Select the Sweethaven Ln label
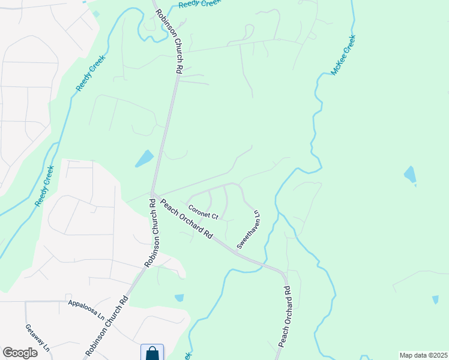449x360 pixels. tap(249, 230)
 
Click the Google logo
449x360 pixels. tap(20, 353)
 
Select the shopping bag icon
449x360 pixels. tap(152, 353)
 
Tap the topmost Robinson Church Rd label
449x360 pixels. tap(169, 41)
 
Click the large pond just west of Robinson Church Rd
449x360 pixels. tap(144, 158)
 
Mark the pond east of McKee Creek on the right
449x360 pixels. tap(410, 175)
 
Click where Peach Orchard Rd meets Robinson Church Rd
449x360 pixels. tap(154, 193)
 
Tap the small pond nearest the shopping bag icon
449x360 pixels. tap(179, 298)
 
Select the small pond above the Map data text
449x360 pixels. tap(435, 299)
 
